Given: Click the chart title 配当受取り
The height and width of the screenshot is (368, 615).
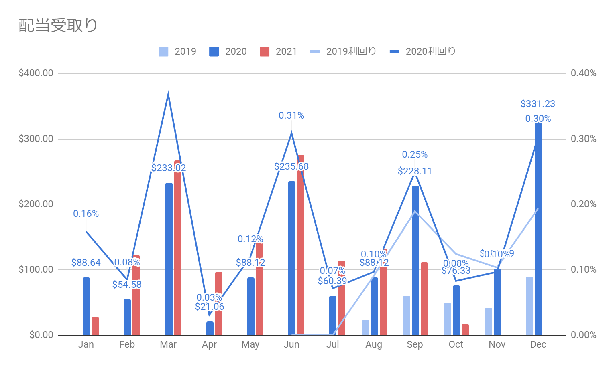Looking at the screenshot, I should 58,26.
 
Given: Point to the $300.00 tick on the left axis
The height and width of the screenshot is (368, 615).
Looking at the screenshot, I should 36,139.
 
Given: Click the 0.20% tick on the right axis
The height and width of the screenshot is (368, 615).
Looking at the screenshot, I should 583,204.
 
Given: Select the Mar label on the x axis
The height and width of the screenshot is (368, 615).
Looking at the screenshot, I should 168,344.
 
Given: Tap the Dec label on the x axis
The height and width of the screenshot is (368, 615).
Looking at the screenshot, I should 538,344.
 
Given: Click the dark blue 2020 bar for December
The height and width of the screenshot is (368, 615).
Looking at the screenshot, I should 538,228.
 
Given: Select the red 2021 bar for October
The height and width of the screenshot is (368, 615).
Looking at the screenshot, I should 465,330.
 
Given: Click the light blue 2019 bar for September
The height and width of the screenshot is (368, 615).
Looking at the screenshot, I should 407,315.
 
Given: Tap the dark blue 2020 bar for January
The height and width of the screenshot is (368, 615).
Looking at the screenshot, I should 86,306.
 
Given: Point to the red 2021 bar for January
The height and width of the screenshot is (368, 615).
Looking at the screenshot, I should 95,326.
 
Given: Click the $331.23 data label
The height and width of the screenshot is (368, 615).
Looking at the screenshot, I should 538,104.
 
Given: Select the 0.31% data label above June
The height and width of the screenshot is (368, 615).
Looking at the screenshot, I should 291,115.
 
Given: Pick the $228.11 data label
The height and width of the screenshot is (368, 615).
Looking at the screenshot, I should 415,171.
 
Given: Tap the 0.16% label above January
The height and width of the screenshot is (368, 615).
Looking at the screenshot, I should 86,214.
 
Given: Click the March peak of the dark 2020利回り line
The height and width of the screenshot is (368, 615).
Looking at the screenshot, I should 168,94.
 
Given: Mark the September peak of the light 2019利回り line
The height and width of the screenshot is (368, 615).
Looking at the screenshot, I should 415,211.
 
